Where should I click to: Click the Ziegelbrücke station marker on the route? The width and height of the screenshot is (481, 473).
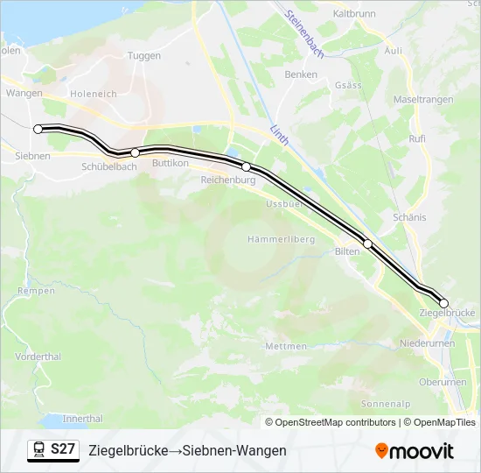coord(443,303)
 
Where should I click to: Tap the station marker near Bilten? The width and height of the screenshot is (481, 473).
coord(368,244)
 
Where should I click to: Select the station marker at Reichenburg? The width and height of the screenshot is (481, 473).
coord(247,166)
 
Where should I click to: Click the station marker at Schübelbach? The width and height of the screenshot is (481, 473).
coord(135,152)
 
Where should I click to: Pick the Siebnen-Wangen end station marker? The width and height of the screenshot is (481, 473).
coord(38,129)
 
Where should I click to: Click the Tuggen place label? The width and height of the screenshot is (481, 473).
coord(143,55)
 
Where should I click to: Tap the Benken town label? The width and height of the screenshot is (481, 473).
coord(301,74)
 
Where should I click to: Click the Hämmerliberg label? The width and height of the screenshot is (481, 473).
coord(280,239)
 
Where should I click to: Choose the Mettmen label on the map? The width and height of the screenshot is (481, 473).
coord(286,346)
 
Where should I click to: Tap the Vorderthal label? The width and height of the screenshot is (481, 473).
coord(38,357)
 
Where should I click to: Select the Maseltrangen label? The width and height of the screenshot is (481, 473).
coord(423,100)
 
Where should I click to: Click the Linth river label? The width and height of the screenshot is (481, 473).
coord(280,135)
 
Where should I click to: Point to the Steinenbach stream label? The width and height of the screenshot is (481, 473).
coord(305,34)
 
